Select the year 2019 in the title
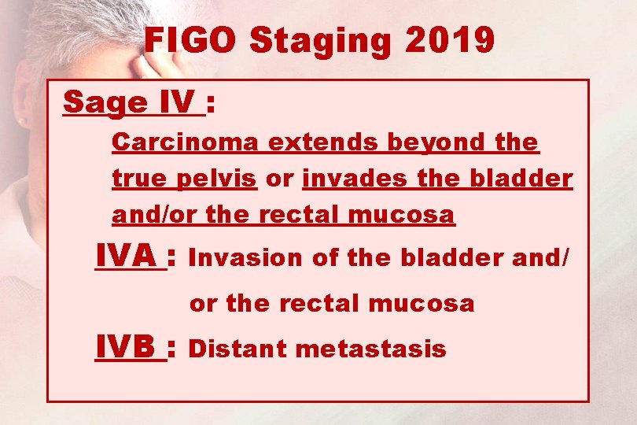[x=450, y=40]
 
